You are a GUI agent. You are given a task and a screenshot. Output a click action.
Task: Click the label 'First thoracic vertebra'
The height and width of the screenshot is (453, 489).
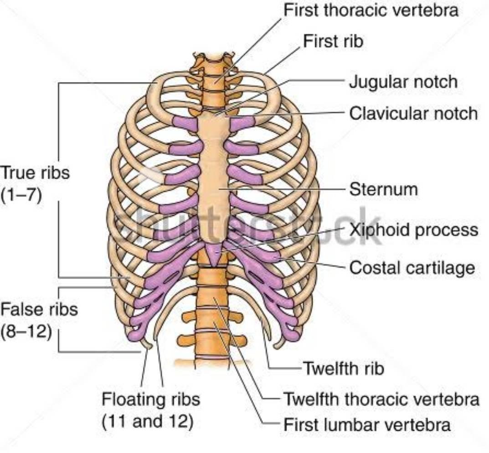pyautogui.click(x=371, y=10)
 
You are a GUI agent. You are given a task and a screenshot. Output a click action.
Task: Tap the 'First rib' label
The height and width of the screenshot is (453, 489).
pyautogui.click(x=333, y=41)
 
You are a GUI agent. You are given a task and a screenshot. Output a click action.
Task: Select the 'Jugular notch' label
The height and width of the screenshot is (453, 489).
pyautogui.click(x=403, y=82)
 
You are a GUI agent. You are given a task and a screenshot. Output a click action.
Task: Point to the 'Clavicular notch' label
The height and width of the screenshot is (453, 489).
pyautogui.click(x=413, y=113)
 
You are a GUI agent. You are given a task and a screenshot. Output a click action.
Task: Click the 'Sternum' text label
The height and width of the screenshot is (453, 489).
pyautogui.click(x=383, y=189)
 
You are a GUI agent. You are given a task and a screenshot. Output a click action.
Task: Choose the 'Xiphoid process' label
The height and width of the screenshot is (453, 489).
pyautogui.click(x=413, y=230)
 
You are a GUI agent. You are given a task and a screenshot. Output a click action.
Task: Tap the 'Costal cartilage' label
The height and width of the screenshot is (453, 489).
pyautogui.click(x=412, y=268)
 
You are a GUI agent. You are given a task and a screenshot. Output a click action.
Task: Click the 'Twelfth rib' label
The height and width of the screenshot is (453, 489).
pyautogui.click(x=343, y=369)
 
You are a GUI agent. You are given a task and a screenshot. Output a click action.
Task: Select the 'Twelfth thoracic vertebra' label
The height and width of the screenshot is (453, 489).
pyautogui.click(x=381, y=399)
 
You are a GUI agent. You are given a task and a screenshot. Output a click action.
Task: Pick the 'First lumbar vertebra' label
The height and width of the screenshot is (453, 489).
pyautogui.click(x=367, y=425)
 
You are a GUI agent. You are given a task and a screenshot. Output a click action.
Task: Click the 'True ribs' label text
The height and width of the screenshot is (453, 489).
pyautogui.click(x=35, y=172)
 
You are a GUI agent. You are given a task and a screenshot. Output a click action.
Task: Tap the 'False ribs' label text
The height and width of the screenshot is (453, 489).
pyautogui.click(x=39, y=309)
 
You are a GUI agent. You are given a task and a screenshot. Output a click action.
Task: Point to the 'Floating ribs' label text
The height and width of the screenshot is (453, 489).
pyautogui.click(x=151, y=399)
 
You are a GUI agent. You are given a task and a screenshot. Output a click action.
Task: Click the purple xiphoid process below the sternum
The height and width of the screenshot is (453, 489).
pyautogui.click(x=215, y=254)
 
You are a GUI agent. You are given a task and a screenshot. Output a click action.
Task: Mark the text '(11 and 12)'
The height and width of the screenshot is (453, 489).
pyautogui.click(x=148, y=422)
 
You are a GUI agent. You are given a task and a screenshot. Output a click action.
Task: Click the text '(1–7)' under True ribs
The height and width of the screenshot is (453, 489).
pyautogui.click(x=21, y=196)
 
